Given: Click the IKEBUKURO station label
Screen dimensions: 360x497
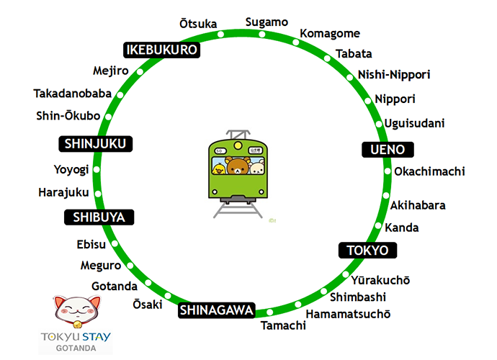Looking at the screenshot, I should pos(162,50).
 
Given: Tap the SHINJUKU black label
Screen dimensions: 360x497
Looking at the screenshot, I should pos(95,144).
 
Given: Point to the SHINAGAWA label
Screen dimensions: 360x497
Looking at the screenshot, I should pos(217,310).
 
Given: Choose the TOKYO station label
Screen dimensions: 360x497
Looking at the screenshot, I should pos(367,250).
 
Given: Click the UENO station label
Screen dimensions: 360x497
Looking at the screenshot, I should pos(388,150).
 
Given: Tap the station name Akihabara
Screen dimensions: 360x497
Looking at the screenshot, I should pos(418,205).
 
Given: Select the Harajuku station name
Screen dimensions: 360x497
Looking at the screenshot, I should pos(63,192).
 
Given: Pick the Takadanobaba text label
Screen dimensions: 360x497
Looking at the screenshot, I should pos(72,94).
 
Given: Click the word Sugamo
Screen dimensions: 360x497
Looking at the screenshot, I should pos(267,22).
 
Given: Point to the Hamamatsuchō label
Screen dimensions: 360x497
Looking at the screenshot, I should pos(348,314).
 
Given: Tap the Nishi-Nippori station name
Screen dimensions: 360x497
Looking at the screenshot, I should pos(394,75).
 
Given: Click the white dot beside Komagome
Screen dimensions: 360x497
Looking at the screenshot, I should pos(295,42).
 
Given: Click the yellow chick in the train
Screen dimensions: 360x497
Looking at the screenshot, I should pos(218,168).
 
